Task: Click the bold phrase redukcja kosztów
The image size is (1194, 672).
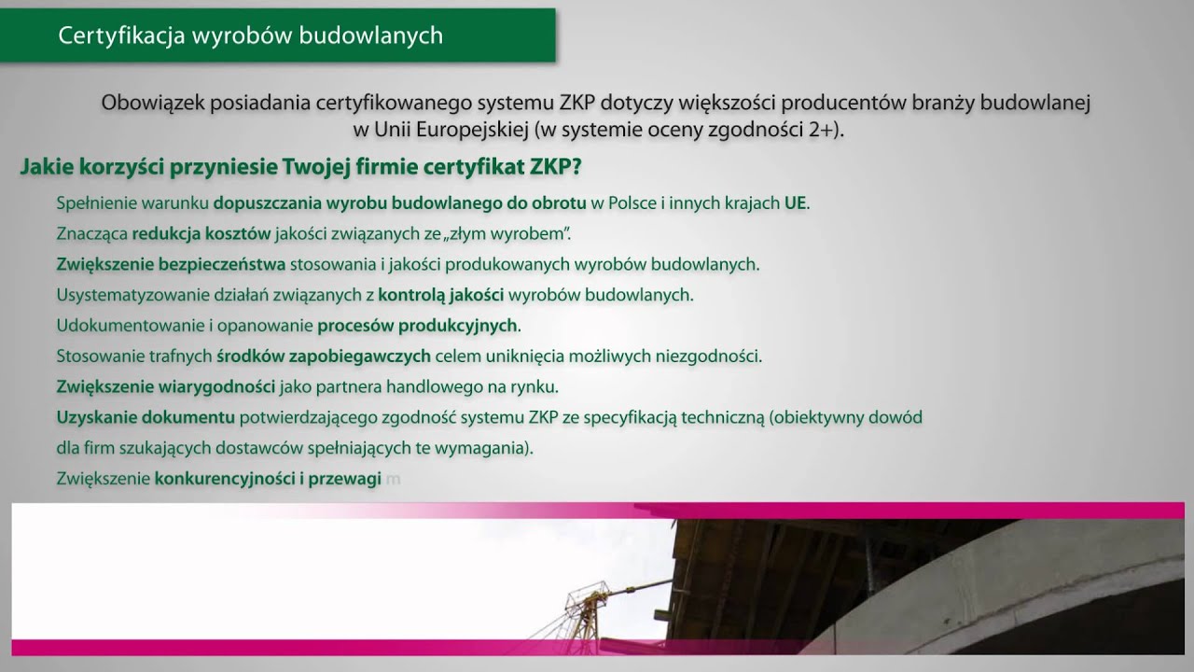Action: click(x=201, y=233)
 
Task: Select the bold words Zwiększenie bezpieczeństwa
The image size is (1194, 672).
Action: click(x=171, y=264)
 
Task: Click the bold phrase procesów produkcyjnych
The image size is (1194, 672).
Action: click(x=417, y=326)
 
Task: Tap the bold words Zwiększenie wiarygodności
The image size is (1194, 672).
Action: click(x=165, y=386)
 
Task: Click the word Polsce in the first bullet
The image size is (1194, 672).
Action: click(x=631, y=203)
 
